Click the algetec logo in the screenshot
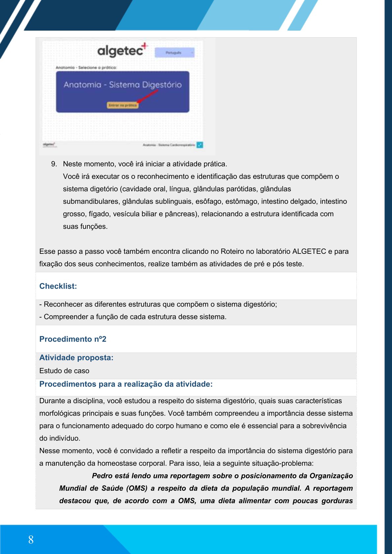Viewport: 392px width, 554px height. (122, 50)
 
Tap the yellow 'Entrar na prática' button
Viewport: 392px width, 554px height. (122, 105)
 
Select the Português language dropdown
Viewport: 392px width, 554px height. (175, 53)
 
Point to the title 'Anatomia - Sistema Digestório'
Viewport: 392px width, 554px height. (123, 85)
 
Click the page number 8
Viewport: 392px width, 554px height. (31, 540)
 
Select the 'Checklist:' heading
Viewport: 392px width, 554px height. (58, 286)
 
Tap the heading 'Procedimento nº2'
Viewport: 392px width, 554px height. (73, 339)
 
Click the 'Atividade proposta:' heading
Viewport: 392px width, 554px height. (76, 358)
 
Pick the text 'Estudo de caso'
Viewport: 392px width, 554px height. (64, 371)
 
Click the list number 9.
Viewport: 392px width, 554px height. (54, 164)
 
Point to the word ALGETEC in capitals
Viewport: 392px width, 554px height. (309, 251)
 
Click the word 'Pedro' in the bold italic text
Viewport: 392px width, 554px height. (102, 476)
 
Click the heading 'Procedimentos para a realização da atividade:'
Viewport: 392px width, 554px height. (126, 384)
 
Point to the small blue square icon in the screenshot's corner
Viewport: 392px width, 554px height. (200, 145)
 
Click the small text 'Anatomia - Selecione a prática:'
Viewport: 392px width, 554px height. (86, 67)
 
